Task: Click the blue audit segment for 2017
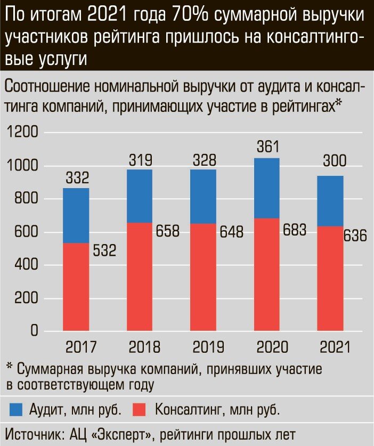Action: (76, 215)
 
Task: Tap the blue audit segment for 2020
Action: (266, 188)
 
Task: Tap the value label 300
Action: (330, 161)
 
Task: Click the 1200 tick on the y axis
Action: (22, 133)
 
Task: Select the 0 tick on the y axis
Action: (34, 331)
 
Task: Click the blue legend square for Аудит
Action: (17, 409)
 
